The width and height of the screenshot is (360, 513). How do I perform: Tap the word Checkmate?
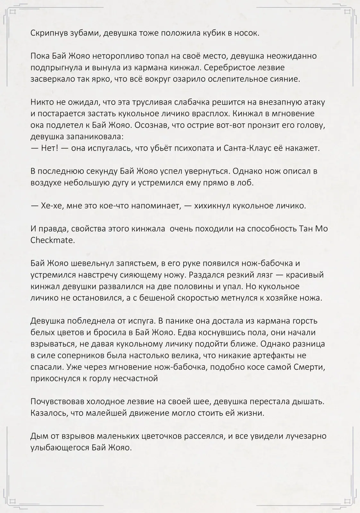point(52,240)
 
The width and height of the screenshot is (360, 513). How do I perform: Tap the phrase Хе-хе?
point(51,206)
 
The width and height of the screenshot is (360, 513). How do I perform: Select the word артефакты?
point(275,355)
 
